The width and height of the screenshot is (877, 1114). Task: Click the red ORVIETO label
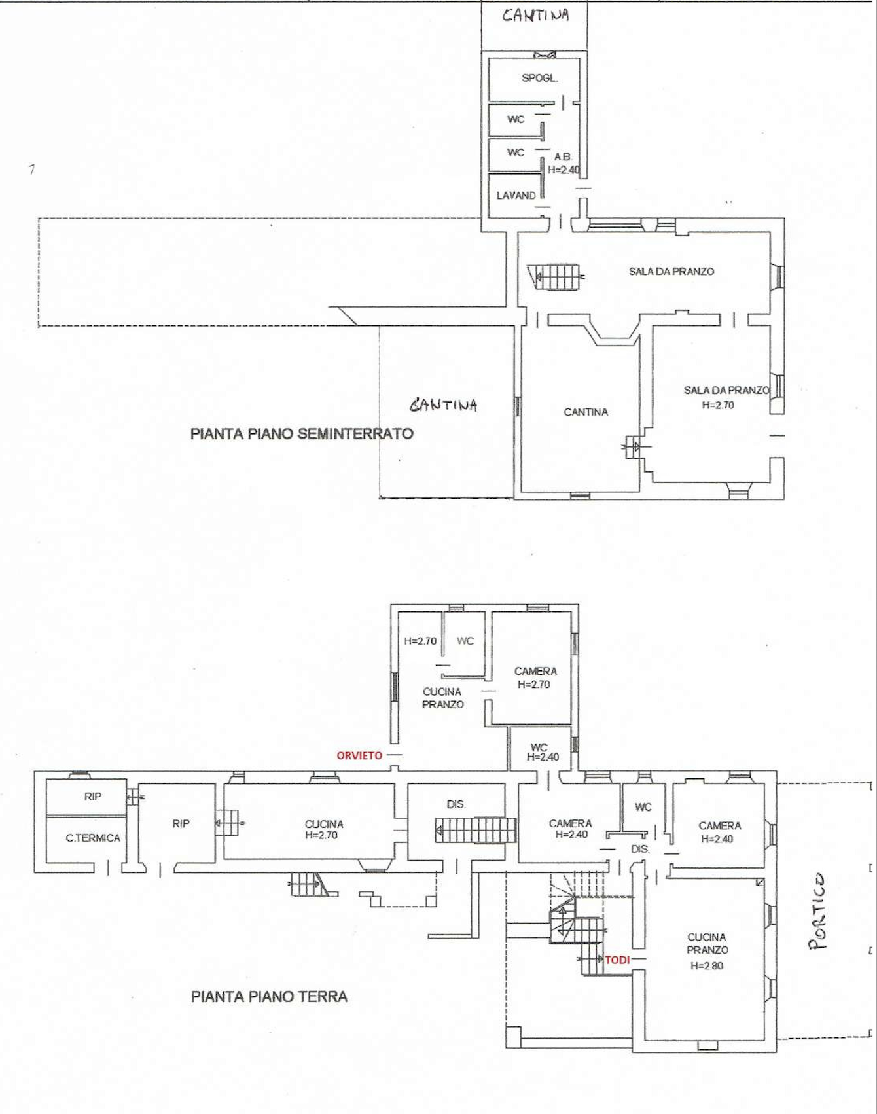359,755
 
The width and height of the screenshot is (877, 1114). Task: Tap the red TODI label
617,960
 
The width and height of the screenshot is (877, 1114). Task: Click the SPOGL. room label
540,78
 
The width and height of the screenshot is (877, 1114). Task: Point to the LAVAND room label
516,195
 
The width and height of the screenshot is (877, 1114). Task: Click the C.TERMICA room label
93,838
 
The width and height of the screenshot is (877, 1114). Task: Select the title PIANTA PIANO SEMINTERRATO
302,433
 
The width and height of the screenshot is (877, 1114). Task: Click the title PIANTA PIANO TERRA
269,997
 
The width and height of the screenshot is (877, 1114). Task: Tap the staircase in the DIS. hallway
476,830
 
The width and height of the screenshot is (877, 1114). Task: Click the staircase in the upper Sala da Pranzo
556,277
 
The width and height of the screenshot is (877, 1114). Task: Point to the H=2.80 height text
707,965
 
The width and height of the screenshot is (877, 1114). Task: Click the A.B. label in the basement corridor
563,157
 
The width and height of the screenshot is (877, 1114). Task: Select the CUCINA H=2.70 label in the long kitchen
323,830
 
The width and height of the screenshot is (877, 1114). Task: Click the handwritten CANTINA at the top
535,15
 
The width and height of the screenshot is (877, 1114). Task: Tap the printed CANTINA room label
586,412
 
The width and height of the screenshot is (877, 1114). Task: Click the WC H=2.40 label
543,752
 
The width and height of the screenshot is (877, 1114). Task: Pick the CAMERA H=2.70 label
535,678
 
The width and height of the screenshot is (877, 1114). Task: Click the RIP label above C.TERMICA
93,797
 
